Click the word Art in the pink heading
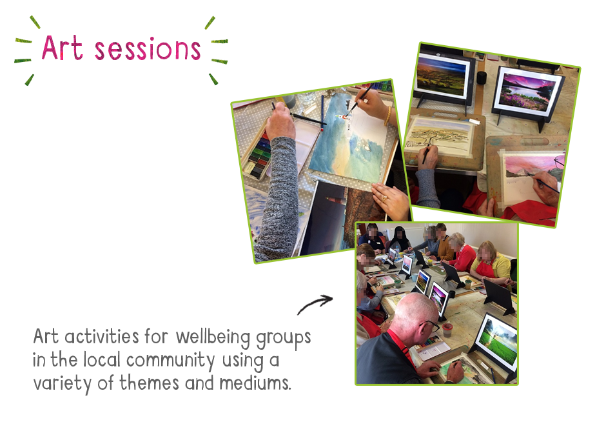click(62, 48)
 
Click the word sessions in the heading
click(148, 49)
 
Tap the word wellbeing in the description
click(213, 337)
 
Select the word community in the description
click(170, 361)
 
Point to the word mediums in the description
click(255, 383)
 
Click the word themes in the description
click(149, 383)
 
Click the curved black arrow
click(315, 304)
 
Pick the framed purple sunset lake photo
click(528, 93)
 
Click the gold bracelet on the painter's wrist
click(387, 116)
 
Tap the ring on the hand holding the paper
click(384, 199)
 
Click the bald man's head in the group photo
click(415, 314)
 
